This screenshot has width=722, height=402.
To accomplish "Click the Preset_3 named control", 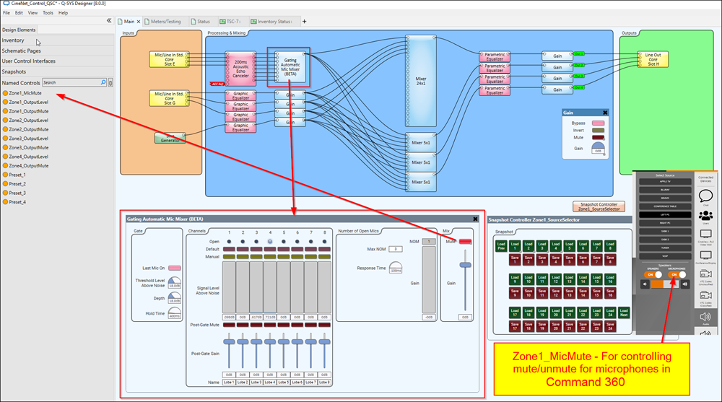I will [x=17, y=193].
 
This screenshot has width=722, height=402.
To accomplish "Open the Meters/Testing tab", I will [x=165, y=22].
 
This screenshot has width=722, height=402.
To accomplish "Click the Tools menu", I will [x=48, y=13].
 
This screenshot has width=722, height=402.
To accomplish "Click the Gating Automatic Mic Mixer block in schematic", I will [x=289, y=66].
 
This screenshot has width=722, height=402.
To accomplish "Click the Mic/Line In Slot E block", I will [x=169, y=59].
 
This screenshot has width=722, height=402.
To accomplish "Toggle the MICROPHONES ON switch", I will [x=677, y=274].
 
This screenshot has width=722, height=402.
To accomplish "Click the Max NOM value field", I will [x=396, y=249].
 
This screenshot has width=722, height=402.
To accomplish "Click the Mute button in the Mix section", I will [x=466, y=241].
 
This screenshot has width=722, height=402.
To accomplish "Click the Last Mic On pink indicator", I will [x=173, y=268].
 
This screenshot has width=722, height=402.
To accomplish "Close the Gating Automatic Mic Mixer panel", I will [x=476, y=219].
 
